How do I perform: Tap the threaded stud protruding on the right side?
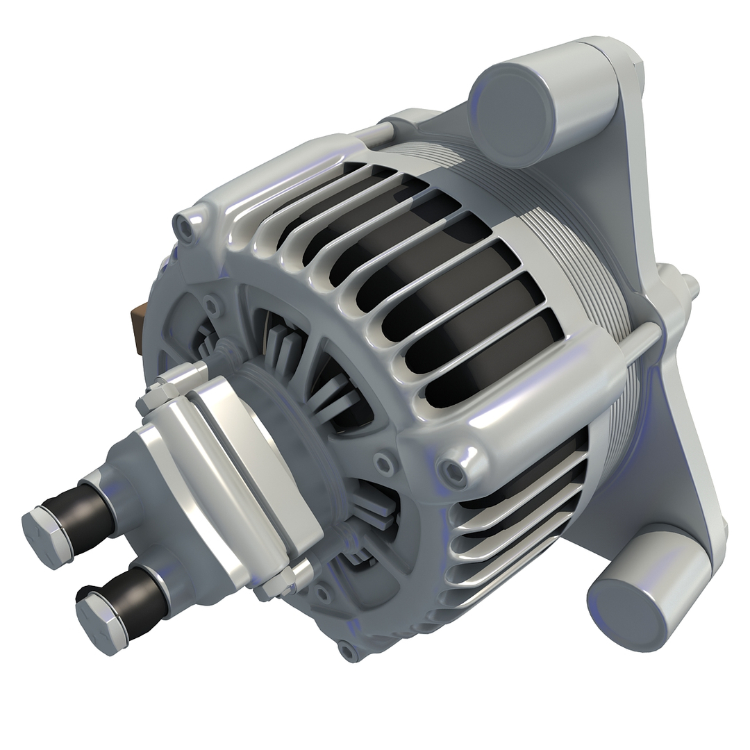(x=689, y=285)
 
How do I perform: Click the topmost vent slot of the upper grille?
(x=326, y=194)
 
